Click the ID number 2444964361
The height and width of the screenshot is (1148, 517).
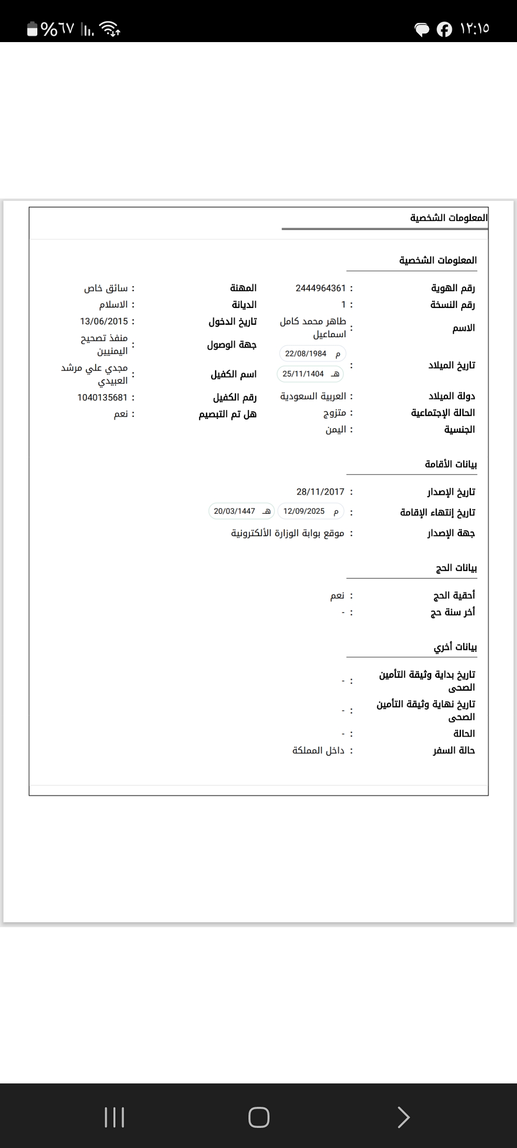320,288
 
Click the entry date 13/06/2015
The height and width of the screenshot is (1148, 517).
104,321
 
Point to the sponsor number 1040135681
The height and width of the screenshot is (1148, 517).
102,397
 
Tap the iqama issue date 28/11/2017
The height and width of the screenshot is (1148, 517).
320,492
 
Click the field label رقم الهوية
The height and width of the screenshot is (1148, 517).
453,288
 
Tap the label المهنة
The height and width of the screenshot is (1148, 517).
243,288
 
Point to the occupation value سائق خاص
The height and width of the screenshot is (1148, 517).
106,288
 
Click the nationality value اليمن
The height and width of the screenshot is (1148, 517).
336,430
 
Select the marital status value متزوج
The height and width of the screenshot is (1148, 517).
334,413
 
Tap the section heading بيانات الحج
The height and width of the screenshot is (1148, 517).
456,568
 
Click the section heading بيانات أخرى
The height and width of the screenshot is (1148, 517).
455,647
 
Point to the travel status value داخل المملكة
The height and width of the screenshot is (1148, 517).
318,751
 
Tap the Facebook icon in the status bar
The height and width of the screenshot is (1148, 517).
444,29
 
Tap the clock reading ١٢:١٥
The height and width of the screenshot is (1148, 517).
474,29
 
